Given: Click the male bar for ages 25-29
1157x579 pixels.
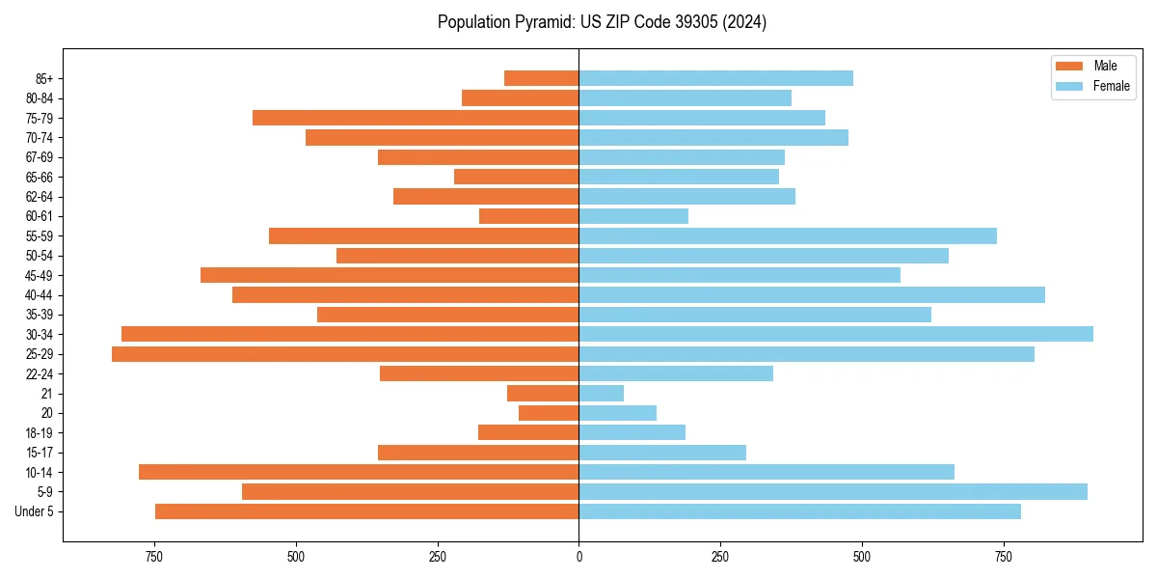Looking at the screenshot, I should pyautogui.click(x=345, y=354).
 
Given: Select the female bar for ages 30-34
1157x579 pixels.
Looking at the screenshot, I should pyautogui.click(x=835, y=334).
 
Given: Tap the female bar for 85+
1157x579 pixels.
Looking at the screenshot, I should pyautogui.click(x=715, y=78).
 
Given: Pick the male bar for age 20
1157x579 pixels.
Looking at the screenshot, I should pyautogui.click(x=549, y=413).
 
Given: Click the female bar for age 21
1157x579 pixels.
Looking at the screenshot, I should pyautogui.click(x=601, y=393).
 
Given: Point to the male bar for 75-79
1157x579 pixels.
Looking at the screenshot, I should pyautogui.click(x=416, y=118).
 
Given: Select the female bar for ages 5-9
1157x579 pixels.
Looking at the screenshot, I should pyautogui.click(x=832, y=491).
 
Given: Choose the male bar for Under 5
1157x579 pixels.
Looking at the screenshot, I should pyautogui.click(x=366, y=511).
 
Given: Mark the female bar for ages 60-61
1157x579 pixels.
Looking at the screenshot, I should pyautogui.click(x=633, y=216).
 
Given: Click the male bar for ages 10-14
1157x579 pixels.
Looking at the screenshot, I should pyautogui.click(x=359, y=472).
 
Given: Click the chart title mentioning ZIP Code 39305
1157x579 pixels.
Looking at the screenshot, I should pyautogui.click(x=602, y=22).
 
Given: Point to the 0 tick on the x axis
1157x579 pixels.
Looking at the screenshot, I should pyautogui.click(x=578, y=558).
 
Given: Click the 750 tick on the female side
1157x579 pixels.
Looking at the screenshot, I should pyautogui.click(x=1004, y=558).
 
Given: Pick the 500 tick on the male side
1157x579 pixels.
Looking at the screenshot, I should pyautogui.click(x=296, y=558).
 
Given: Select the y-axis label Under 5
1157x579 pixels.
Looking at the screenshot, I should pyautogui.click(x=35, y=511).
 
